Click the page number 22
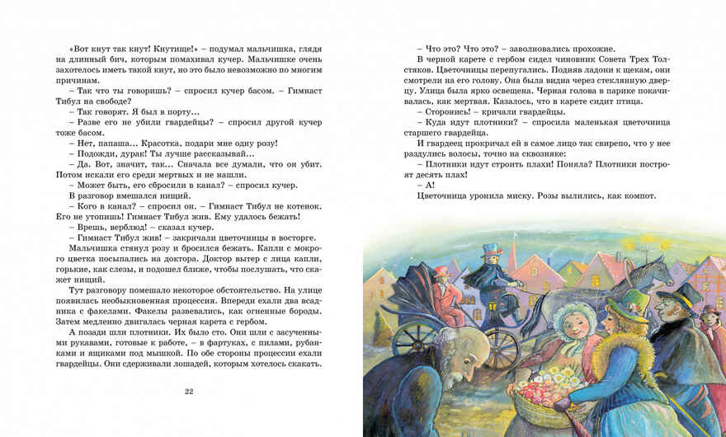(x=189, y=390)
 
